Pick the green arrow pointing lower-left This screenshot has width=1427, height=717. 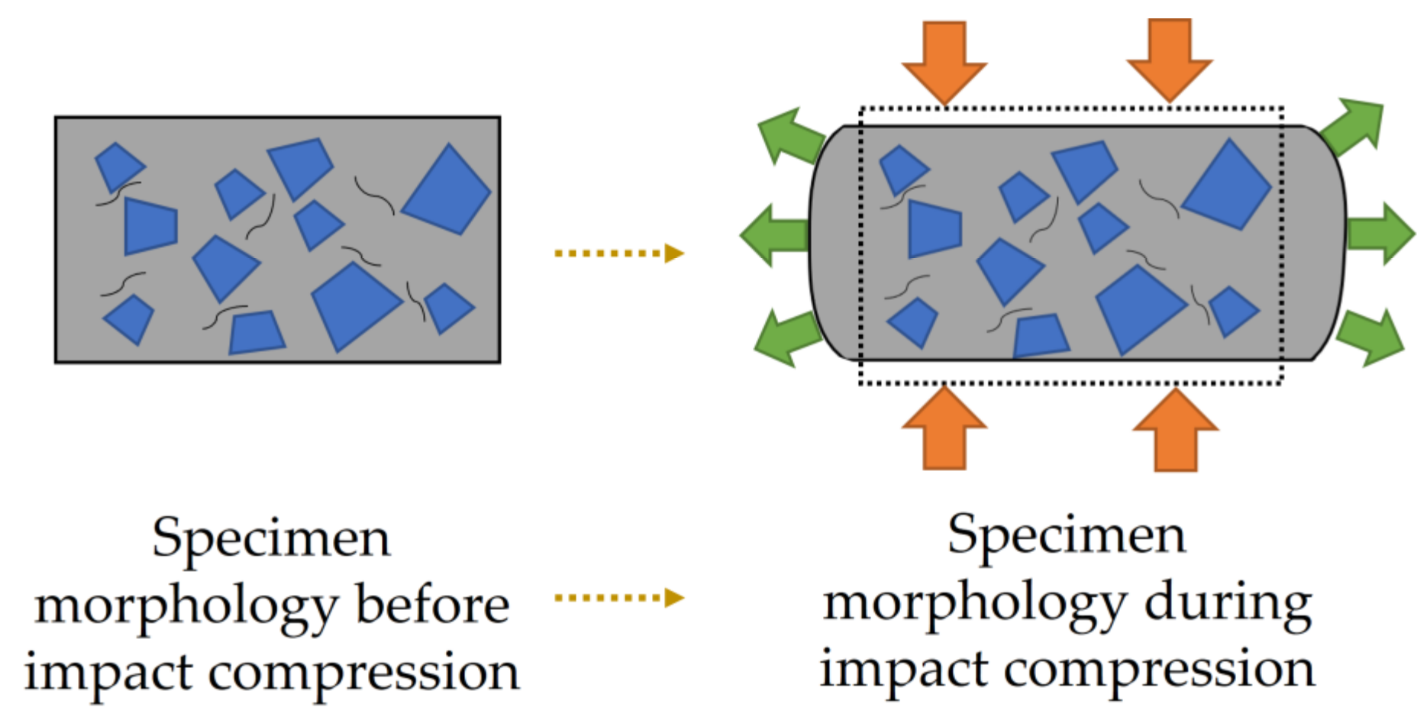786,338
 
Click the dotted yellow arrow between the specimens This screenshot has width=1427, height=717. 618,253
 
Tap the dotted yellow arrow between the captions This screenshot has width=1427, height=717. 618,597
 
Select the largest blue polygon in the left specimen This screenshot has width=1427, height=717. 446,189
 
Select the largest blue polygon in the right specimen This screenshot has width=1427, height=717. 1226,185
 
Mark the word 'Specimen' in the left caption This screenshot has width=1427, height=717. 271,538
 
